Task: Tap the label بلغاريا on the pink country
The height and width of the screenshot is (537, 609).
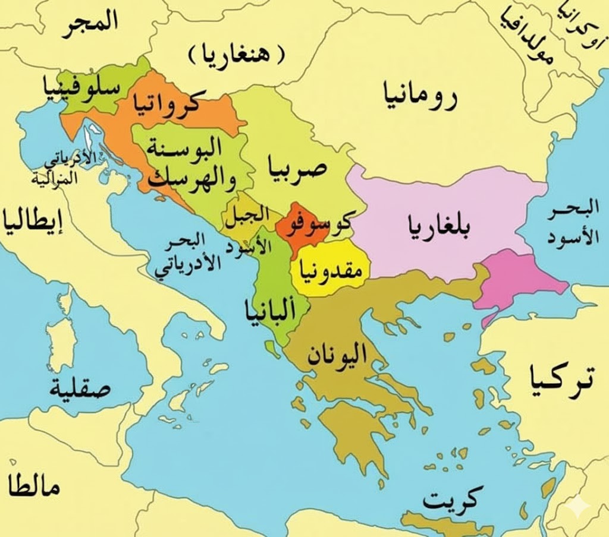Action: [x=438, y=226]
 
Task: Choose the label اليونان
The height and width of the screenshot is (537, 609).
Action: [x=337, y=356]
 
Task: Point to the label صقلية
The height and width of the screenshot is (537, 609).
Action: [x=80, y=390]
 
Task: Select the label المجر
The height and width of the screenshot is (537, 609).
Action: [x=89, y=23]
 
